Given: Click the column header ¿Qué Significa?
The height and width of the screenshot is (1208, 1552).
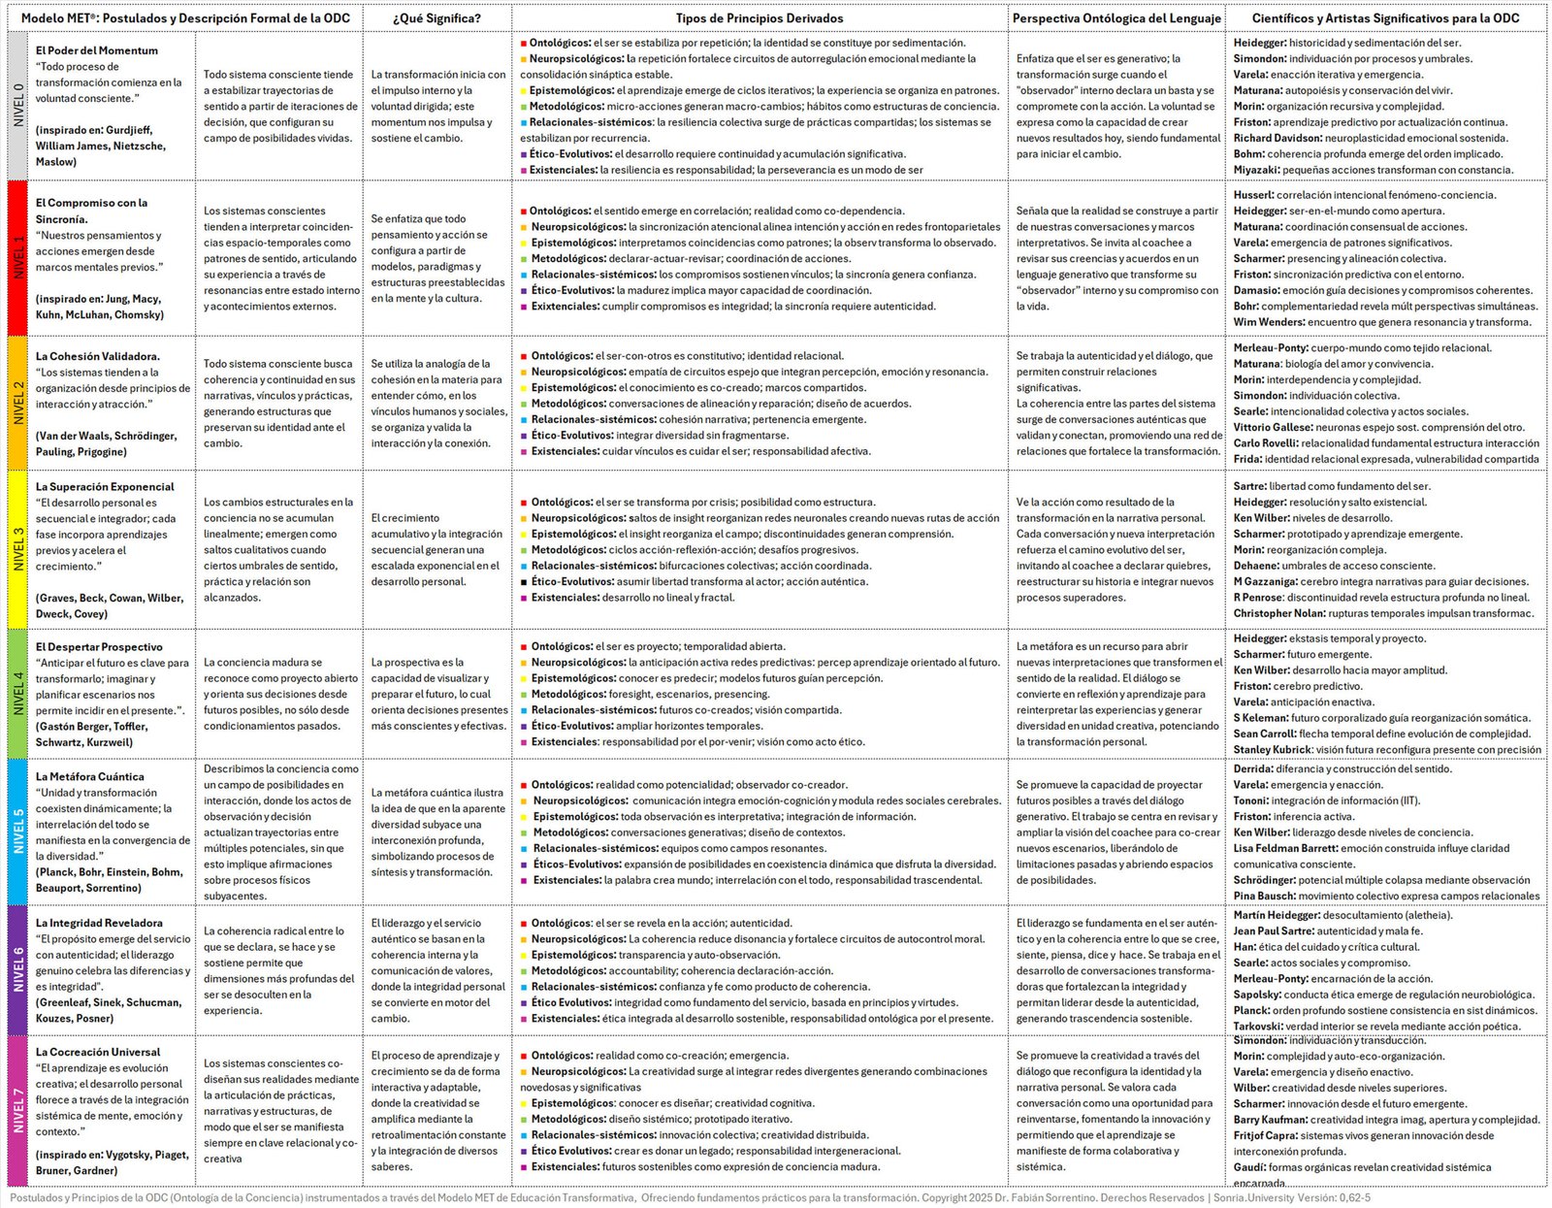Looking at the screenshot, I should (x=436, y=18).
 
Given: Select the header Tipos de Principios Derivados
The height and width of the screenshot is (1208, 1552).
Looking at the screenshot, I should (x=760, y=18).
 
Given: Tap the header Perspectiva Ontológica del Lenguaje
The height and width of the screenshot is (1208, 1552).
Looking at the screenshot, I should (x=1116, y=18).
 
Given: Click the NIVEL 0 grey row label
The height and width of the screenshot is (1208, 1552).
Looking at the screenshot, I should (x=17, y=106).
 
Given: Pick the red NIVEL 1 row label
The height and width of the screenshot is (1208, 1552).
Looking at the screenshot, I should (x=17, y=258).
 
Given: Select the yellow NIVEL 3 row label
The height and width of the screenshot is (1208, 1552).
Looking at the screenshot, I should (x=17, y=549).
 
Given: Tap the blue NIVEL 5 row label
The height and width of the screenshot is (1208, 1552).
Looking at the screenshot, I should (x=17, y=832).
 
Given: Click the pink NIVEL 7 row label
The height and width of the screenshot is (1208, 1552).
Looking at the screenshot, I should (x=17, y=1110).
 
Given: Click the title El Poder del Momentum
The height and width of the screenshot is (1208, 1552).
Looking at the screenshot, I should (x=97, y=50).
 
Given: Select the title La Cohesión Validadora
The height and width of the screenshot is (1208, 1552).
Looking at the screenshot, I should (x=98, y=356).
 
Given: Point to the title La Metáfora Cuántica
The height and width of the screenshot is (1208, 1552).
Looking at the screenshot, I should (x=90, y=776).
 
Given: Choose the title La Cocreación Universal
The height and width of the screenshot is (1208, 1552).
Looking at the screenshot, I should (x=98, y=1052).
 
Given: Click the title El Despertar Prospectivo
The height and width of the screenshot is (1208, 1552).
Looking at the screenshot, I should (x=99, y=647).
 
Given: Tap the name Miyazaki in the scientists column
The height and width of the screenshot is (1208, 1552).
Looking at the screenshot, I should (x=1256, y=170).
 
